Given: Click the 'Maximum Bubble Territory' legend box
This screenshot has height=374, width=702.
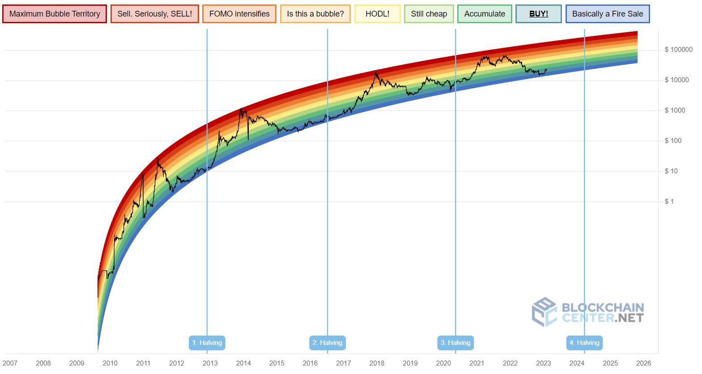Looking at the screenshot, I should point(55,14).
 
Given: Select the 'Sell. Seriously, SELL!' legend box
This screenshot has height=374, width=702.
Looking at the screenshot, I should point(154,14).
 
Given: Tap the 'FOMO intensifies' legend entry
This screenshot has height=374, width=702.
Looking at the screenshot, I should point(239,14).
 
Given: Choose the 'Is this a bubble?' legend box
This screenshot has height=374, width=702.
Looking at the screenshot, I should point(315,14).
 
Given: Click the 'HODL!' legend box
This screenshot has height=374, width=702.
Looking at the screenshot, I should point(377,14).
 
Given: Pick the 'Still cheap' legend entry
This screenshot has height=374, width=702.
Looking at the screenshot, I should point(429,14).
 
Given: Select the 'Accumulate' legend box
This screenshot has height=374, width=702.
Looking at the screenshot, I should point(485,14).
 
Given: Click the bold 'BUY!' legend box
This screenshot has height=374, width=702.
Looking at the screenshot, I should point(538,14).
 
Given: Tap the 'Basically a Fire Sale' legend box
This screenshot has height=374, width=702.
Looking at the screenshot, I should point(607,14).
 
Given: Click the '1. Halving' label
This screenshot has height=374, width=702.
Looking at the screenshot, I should point(207,343).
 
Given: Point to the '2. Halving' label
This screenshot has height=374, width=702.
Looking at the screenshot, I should point(327,343).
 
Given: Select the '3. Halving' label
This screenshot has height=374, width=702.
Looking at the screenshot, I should point(455,343).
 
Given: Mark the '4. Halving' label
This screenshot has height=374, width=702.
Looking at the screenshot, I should point(584,343).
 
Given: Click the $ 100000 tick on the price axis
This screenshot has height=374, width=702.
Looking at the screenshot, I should point(678,50).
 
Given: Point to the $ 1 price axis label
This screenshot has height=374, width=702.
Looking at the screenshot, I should point(669,202).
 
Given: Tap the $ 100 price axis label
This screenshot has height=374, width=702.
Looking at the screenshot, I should point(673,141).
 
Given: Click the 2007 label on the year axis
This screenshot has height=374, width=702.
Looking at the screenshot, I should point(10,363).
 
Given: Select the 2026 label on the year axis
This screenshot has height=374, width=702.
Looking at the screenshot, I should point(643,363).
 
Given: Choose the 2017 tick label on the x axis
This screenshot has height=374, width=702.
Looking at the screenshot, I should point(343,363).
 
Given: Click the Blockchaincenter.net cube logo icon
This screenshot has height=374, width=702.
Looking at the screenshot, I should point(544,311).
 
